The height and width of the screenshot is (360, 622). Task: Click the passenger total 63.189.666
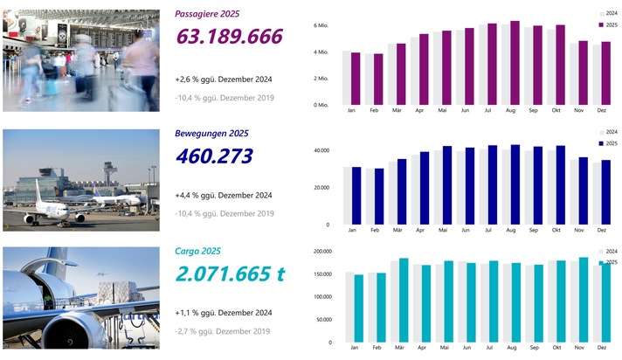click(230, 37)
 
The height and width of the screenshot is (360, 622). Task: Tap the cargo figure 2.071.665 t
click(231, 273)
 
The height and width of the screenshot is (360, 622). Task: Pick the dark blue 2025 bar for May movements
click(447, 184)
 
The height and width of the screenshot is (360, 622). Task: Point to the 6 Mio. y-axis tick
click(322, 26)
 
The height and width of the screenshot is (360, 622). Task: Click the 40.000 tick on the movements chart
click(321, 150)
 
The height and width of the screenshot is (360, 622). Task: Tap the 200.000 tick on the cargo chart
click(320, 252)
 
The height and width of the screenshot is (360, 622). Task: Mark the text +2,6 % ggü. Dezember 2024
click(225, 80)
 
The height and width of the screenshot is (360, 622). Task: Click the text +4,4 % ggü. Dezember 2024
click(225, 195)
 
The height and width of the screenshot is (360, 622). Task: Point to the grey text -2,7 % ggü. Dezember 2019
click(222, 331)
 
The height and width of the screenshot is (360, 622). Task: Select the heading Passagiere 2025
click(207, 14)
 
